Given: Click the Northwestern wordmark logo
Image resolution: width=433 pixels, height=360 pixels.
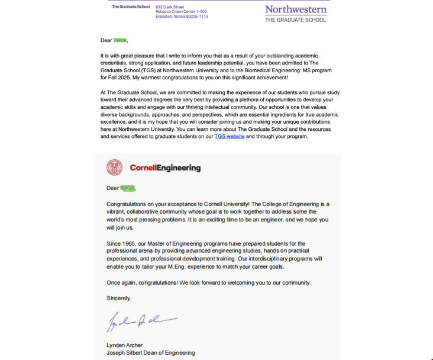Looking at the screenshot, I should point(295,9).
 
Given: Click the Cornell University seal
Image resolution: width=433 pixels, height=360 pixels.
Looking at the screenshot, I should point(114,168).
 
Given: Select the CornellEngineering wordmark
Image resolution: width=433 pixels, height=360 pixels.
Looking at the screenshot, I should point(165,168).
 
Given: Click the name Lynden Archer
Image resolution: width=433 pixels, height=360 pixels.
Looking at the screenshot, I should point(124,345).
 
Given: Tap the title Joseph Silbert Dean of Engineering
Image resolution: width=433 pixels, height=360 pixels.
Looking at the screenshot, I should point(150,353).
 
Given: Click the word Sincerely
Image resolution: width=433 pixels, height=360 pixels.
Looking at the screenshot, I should point(118,298).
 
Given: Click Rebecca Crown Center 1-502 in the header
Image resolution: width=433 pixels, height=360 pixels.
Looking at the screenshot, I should point(181,11).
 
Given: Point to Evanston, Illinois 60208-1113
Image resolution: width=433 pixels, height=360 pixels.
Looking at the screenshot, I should point(182,16).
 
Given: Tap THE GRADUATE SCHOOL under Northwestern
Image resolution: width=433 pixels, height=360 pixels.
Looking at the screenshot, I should point(295,20).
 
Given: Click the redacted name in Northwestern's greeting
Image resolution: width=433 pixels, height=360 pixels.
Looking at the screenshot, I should point(120,40).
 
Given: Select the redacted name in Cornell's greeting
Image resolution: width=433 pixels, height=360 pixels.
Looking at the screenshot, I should point(128,188).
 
